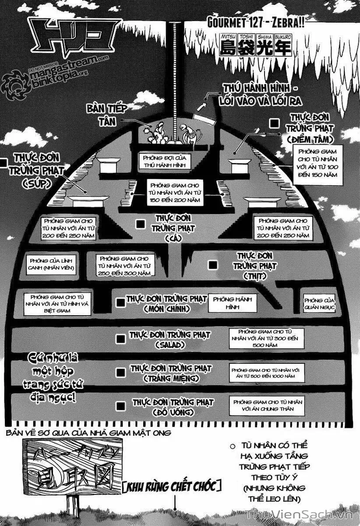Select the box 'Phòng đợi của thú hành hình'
click(164, 161)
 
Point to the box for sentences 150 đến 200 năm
click(175, 193)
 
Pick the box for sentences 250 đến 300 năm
click(125, 266)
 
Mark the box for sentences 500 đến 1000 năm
click(267, 373)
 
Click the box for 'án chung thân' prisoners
click(267, 405)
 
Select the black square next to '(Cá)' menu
click(140, 224)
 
